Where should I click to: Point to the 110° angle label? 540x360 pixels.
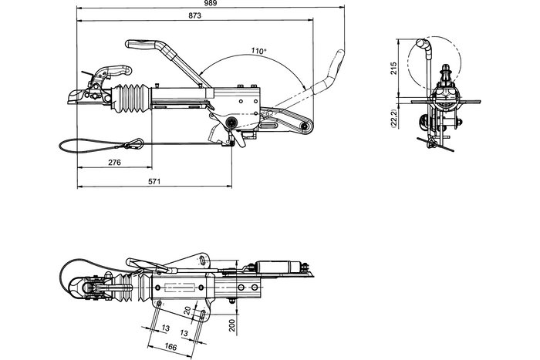pos(258,51)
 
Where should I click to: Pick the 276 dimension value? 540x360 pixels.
pos(114,163)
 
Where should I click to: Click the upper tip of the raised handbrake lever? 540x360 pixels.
pos(339,56)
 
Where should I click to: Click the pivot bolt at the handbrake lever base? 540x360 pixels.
pos(307,126)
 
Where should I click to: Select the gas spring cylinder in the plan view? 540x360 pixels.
pos(278,266)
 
